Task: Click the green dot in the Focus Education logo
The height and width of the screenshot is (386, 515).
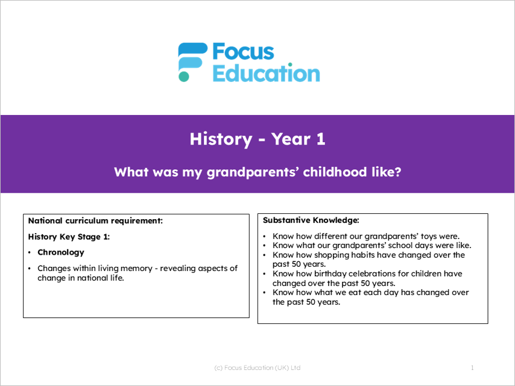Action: coord(183,76)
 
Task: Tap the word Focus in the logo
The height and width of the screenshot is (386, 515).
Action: coord(243,52)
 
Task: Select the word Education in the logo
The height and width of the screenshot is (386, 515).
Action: coord(266,73)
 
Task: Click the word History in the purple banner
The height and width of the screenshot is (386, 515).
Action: coord(221,139)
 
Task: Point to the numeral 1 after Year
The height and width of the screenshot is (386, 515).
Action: coord(321,139)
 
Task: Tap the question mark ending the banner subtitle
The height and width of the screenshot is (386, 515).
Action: coord(398,172)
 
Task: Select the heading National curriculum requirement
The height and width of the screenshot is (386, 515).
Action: coord(95,221)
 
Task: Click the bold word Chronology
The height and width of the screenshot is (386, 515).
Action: coord(61,252)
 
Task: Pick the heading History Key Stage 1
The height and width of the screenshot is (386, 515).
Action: coord(69,237)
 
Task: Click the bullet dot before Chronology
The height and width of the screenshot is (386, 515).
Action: coord(30,252)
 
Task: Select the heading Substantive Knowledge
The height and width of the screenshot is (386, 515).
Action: coord(311,220)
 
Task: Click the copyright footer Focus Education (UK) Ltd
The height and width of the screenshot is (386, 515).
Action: coord(257,368)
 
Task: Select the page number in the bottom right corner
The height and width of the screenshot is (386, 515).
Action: coord(472,368)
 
